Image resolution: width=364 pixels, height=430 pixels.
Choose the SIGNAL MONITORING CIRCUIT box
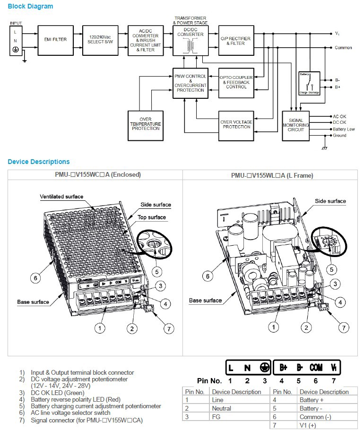pos(296,126)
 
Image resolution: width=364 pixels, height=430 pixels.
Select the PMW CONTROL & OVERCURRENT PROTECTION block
pos(191,83)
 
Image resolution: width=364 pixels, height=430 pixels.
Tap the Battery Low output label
pos(344,129)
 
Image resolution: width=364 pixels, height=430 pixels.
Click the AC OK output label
pos(339,116)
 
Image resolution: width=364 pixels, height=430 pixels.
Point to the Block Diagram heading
pos(30,7)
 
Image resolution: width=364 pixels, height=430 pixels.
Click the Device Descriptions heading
pos(38,162)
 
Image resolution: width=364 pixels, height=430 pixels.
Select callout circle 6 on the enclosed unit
pos(35,278)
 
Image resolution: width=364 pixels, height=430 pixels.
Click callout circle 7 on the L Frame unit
pos(344,327)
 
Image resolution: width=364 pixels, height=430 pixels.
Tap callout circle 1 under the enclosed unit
pos(100,327)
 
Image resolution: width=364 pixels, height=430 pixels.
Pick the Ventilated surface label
pos(61,197)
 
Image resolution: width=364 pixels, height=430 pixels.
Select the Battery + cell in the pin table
pos(309,400)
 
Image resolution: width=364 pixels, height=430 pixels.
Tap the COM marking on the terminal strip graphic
pos(316,368)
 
